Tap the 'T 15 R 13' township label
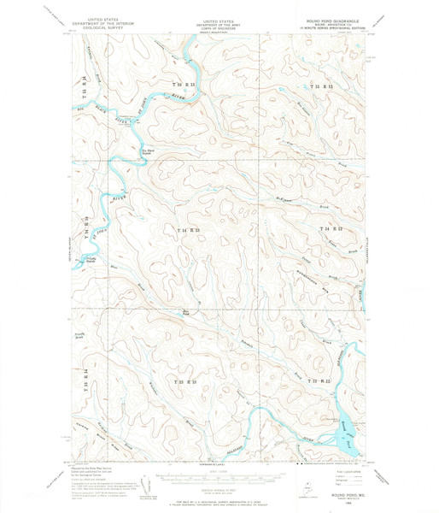click(x=184, y=86)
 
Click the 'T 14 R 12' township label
click(x=331, y=230)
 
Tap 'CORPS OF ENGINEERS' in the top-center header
click(x=219, y=25)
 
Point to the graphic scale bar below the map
click(x=219, y=475)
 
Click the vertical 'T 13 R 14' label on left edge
click(x=85, y=380)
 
